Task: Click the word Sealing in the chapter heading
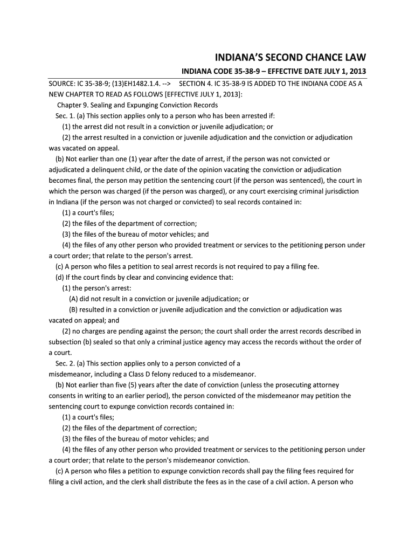click(99, 105)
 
